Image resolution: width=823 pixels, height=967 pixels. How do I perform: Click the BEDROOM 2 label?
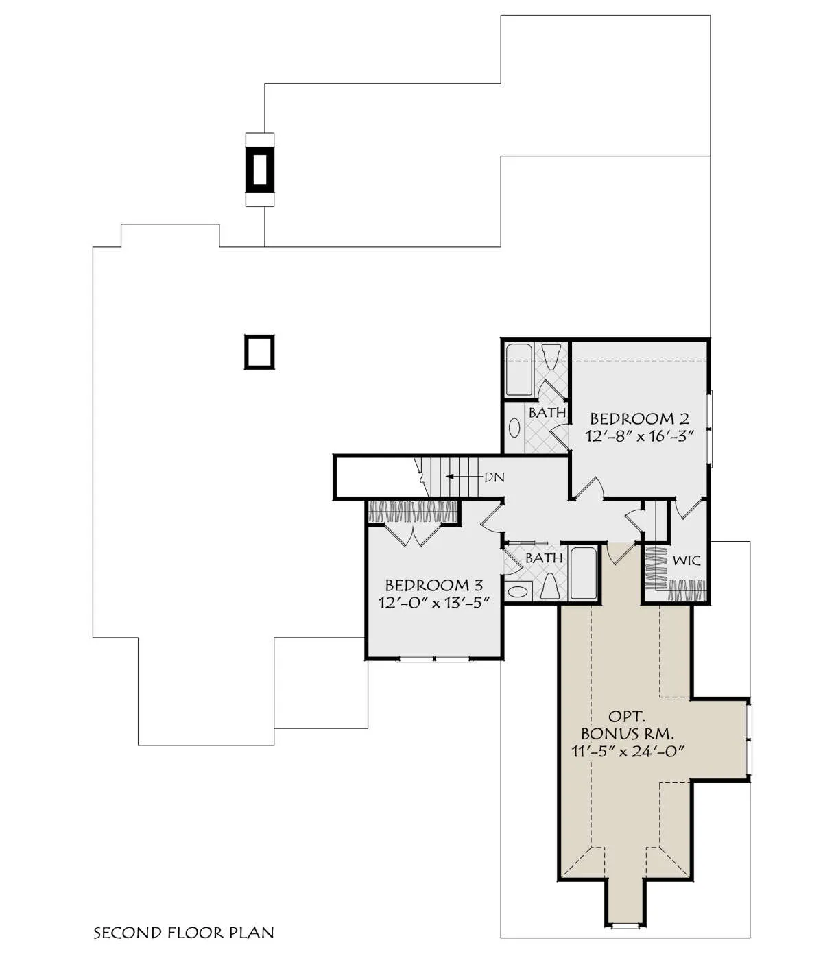tap(639, 419)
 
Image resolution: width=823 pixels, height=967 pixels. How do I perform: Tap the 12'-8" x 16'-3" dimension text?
tap(639, 436)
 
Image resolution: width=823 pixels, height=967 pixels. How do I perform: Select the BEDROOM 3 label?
tap(433, 585)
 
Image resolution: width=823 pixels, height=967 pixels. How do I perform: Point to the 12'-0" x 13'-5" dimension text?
tap(433, 603)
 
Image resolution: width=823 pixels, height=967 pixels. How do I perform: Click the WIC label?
tap(687, 560)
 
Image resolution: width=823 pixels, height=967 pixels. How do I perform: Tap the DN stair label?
tap(494, 477)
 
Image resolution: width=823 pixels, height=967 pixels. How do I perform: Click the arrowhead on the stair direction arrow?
tap(449, 477)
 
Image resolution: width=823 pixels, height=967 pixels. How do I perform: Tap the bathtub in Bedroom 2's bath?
tap(519, 370)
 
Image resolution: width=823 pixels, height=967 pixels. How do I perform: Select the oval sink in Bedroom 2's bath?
tap(514, 428)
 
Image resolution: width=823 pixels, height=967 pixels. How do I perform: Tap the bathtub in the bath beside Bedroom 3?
tap(584, 573)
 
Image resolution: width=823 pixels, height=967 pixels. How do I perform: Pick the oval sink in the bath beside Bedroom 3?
tap(517, 591)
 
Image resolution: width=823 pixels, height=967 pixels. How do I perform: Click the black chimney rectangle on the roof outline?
tap(260, 169)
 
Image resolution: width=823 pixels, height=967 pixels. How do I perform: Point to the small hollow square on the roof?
tap(259, 352)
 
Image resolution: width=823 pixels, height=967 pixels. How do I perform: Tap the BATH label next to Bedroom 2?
tap(547, 413)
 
